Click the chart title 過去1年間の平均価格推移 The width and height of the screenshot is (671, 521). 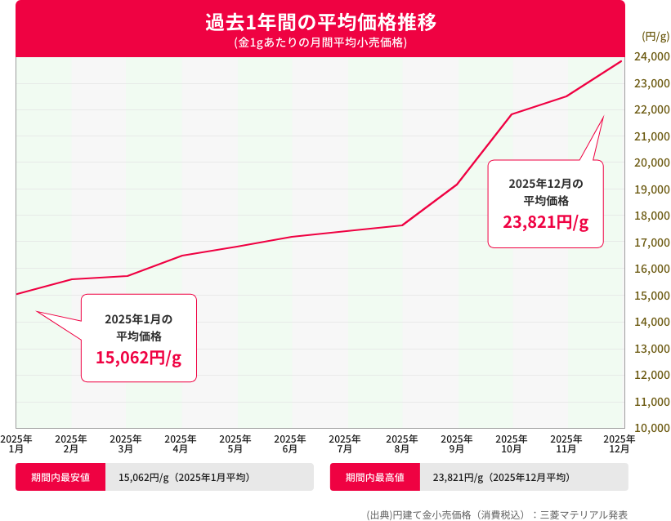pos(320,22)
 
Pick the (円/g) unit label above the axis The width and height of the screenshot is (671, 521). pos(655,35)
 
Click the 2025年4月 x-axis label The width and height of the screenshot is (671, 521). pos(181,443)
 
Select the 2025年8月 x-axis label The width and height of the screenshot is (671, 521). pos(401,443)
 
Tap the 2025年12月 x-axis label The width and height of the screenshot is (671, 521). pos(620,443)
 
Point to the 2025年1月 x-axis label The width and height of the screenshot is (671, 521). pos(16,443)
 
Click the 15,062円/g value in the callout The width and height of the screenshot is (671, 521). pos(138,358)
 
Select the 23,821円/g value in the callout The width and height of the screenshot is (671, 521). pos(545,222)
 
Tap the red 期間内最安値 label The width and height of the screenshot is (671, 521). pos(60,478)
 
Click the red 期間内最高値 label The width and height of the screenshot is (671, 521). pos(375,478)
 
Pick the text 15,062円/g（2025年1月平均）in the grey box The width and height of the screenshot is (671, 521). pos(184,478)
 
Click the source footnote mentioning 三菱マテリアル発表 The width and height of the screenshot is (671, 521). pos(497,514)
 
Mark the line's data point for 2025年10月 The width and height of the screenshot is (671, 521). pos(512,114)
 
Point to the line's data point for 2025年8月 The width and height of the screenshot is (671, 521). pos(402,225)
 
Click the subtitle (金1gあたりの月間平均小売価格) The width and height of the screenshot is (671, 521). pos(320,42)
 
